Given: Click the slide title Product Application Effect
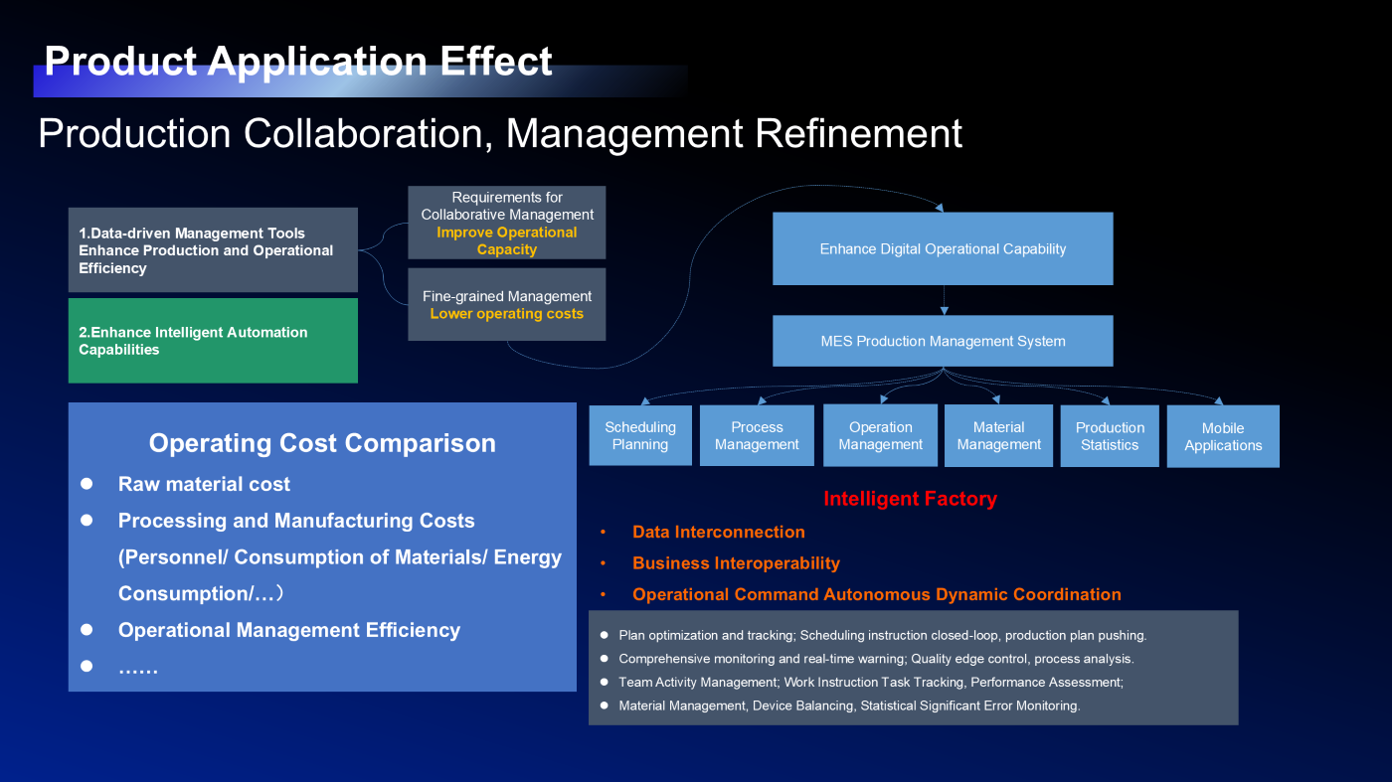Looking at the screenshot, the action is [x=298, y=61].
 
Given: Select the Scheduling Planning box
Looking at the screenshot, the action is [x=640, y=435].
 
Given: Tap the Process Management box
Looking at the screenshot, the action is [x=757, y=435].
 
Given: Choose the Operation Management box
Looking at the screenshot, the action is [x=880, y=435].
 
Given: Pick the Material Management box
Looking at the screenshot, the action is [x=998, y=435].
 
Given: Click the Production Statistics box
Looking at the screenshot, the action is [x=1110, y=436].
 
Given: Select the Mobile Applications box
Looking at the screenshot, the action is [x=1223, y=436].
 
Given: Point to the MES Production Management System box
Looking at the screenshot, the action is [x=943, y=341].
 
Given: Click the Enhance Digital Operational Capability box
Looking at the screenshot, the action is [x=943, y=249].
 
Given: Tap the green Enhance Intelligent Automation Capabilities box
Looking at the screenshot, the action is [x=213, y=341].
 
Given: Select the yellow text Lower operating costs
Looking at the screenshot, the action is [x=506, y=314].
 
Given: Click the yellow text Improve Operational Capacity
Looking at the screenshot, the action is [x=506, y=241].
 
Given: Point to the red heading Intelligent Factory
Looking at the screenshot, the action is [x=910, y=499].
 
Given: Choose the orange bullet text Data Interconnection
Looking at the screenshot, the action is [x=718, y=532].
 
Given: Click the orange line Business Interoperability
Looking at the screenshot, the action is [x=736, y=563].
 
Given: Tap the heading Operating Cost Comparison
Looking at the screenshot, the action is [x=322, y=443].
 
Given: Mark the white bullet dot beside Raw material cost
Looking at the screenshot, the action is [x=87, y=483].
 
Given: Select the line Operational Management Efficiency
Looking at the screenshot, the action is [x=289, y=630].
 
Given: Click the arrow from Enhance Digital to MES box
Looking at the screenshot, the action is [x=944, y=301].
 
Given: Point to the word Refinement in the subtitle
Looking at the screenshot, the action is [x=858, y=133].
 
